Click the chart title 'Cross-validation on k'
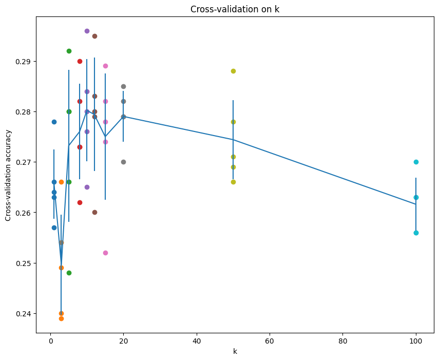(235, 9)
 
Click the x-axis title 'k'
(235, 351)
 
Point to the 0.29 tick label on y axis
(23, 62)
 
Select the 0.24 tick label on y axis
(23, 314)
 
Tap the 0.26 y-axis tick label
(23, 213)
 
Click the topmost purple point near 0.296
(87, 31)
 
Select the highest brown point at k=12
(94, 36)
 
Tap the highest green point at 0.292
(69, 51)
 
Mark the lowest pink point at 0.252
(105, 253)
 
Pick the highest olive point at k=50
(233, 71)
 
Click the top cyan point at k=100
(416, 162)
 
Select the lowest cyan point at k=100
(416, 233)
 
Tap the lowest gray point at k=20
(123, 162)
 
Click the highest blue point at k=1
(54, 122)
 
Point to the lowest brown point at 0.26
(94, 212)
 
